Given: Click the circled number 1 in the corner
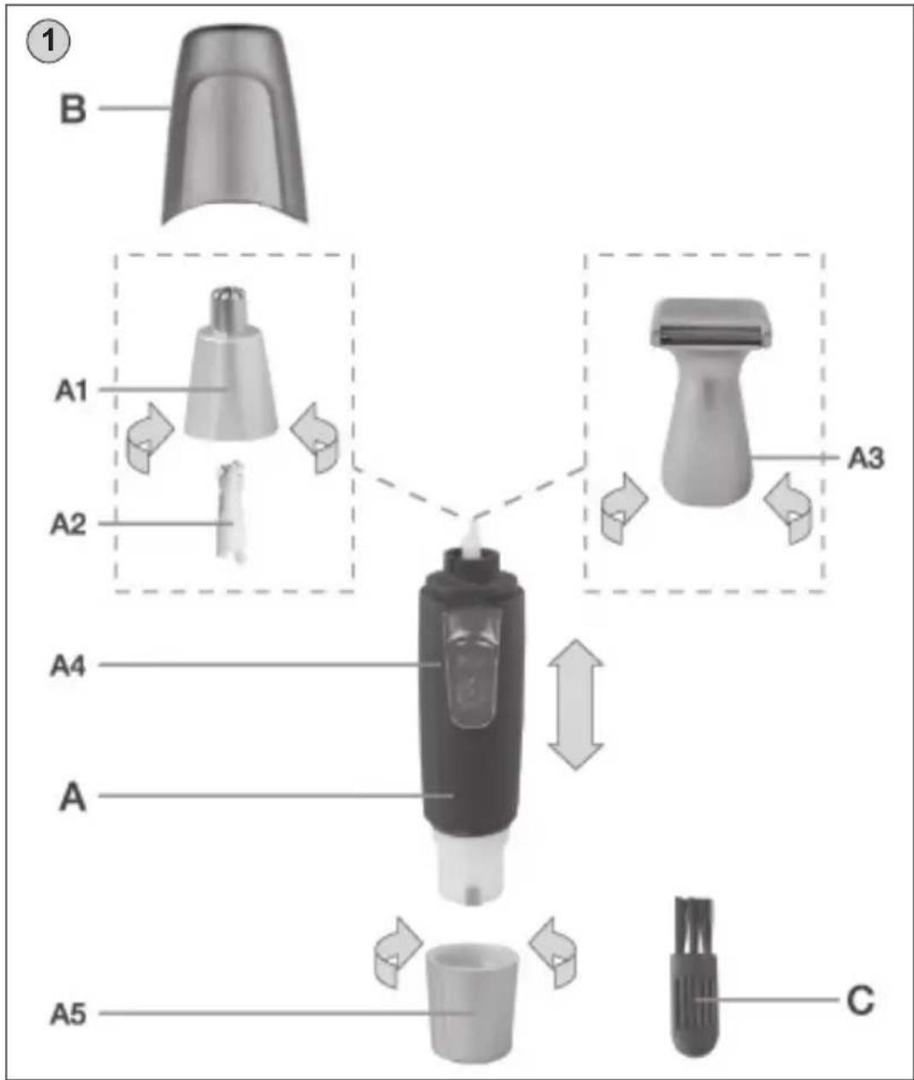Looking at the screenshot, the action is click(x=48, y=41).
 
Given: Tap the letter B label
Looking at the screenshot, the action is click(x=73, y=110).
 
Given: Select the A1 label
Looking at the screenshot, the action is click(x=70, y=390).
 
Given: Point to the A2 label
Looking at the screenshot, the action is click(x=68, y=524).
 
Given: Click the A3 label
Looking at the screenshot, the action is click(x=865, y=458).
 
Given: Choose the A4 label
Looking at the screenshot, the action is click(x=68, y=666).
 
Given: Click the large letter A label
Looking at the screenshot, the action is click(x=72, y=798).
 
